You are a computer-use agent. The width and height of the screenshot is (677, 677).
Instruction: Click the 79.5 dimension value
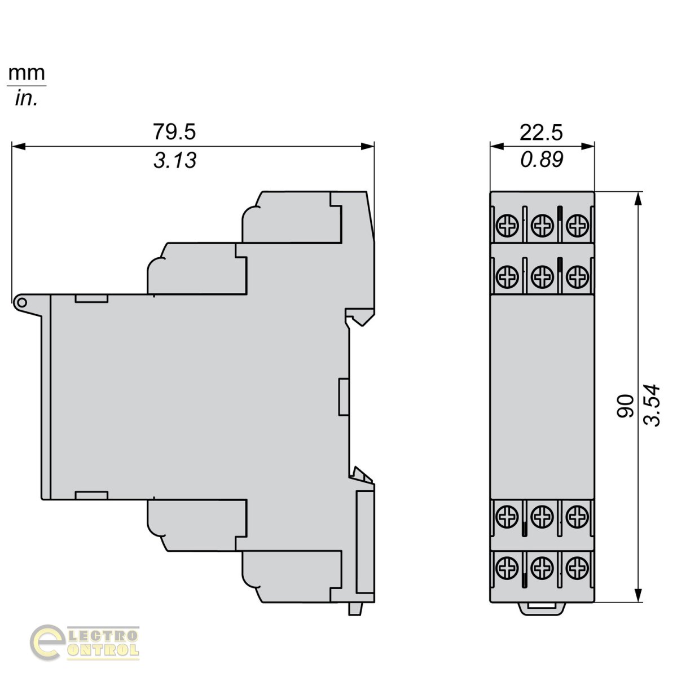point(174,132)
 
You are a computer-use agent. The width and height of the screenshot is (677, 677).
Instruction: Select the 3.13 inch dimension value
point(175,160)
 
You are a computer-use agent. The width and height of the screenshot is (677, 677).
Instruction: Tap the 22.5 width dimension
point(541,133)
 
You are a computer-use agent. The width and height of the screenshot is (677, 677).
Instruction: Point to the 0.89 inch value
point(542,159)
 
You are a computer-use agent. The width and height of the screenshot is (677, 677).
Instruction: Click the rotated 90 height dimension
point(625,406)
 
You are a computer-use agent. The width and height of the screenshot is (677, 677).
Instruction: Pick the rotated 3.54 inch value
point(652,406)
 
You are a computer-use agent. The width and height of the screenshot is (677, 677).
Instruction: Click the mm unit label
point(27,73)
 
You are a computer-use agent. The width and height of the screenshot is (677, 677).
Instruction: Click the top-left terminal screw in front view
point(507,225)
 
